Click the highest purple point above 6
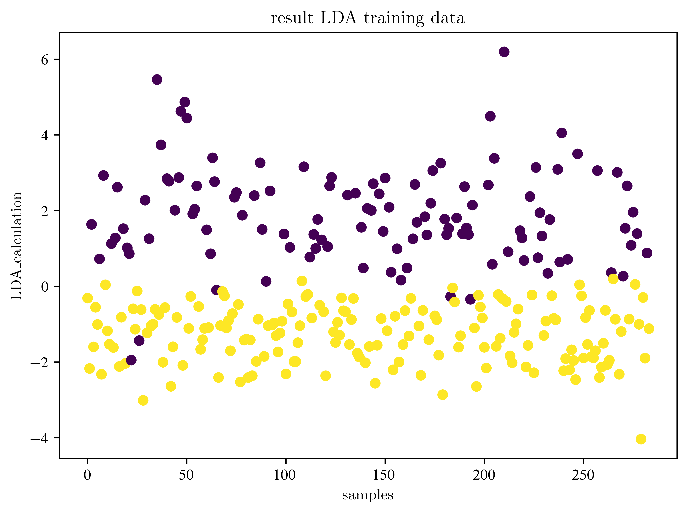point(504,52)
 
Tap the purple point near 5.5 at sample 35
point(157,79)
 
